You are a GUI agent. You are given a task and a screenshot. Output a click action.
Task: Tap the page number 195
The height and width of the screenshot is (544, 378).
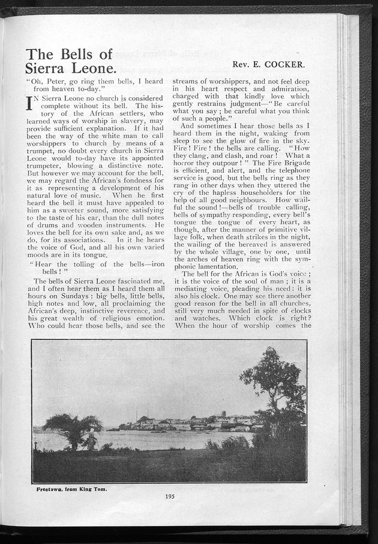[170, 495]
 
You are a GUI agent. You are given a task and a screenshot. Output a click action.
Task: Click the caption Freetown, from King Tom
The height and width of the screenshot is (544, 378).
[71, 489]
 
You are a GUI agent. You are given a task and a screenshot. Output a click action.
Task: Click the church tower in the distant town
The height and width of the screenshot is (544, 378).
[223, 415]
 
